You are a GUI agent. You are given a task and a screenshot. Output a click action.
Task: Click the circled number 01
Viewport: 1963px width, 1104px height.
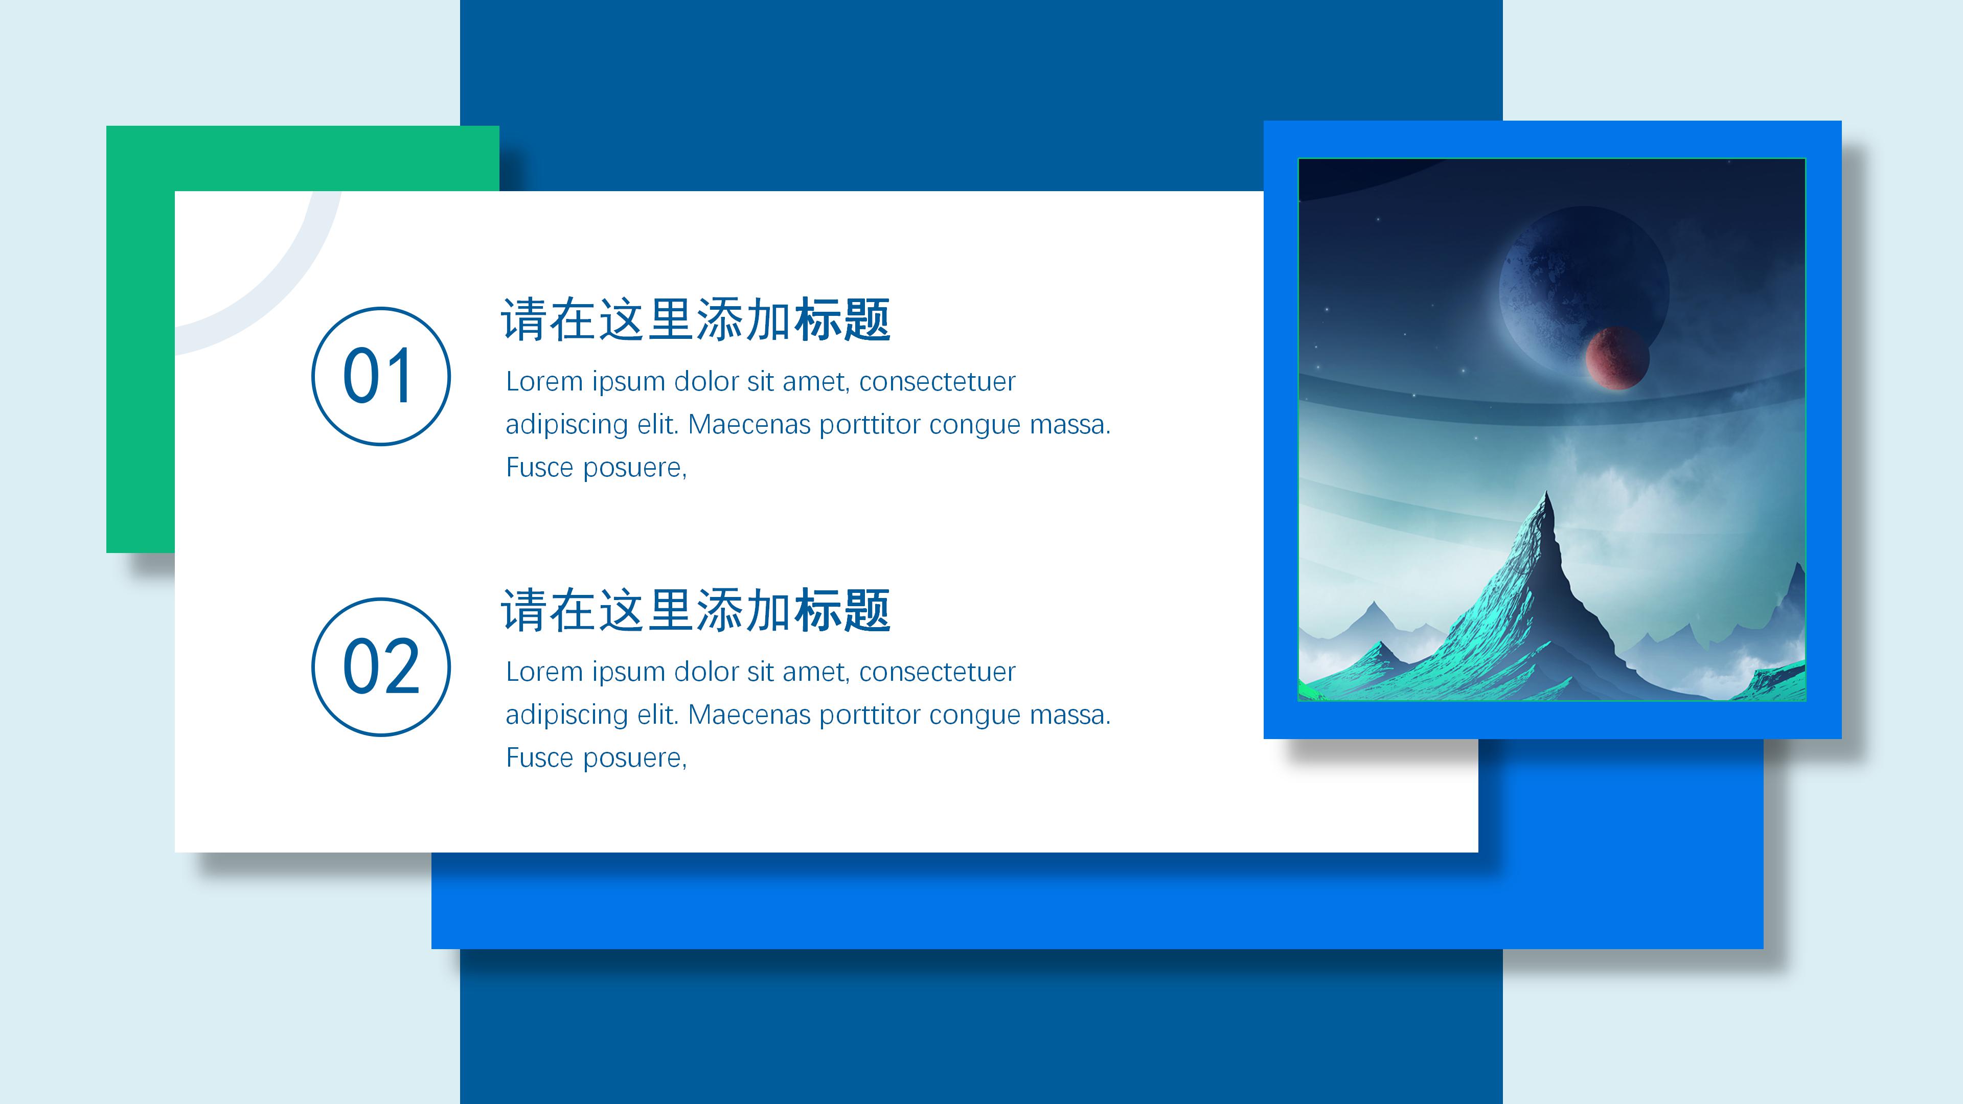click(x=380, y=376)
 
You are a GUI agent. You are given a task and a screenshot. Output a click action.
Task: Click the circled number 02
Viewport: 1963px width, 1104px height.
click(x=380, y=666)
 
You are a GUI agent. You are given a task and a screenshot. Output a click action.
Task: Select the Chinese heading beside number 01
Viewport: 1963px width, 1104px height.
click(x=695, y=319)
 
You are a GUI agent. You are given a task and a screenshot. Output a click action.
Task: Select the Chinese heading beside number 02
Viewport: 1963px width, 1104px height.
click(x=695, y=610)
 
